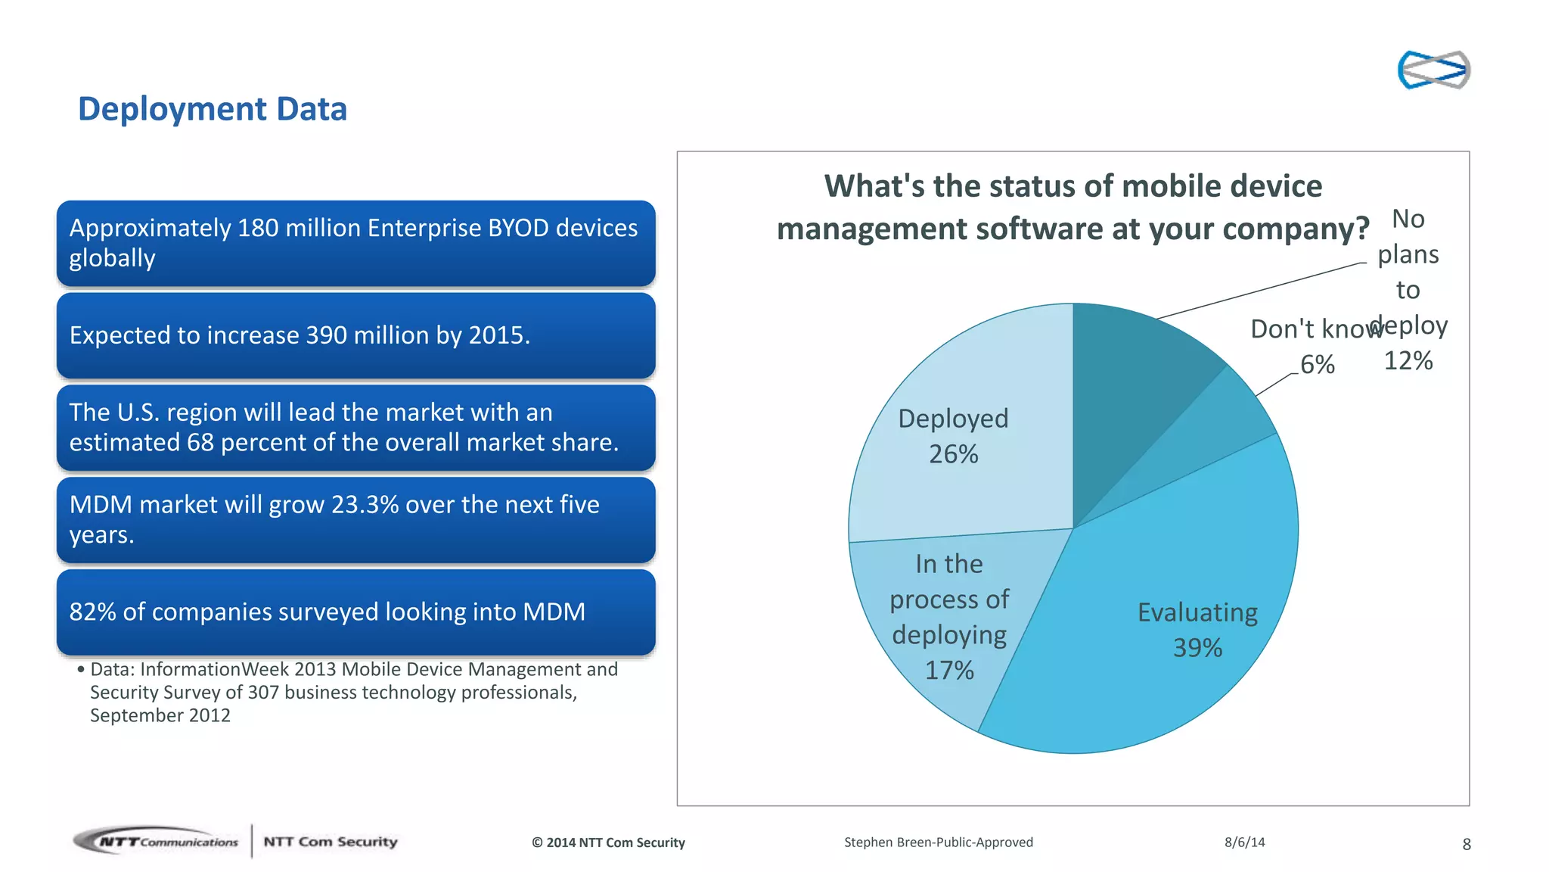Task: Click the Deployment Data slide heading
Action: pos(212,109)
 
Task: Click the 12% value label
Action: pos(1408,361)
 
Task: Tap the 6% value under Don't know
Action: pos(1317,365)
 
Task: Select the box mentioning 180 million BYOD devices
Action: pos(355,243)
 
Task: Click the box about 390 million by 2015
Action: pos(355,335)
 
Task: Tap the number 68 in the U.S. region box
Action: pos(200,443)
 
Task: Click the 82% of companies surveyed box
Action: pos(355,612)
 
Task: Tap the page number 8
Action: pos(1466,844)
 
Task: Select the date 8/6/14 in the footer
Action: pos(1244,842)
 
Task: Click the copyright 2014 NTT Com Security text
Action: pos(608,842)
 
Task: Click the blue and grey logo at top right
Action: pos(1433,70)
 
